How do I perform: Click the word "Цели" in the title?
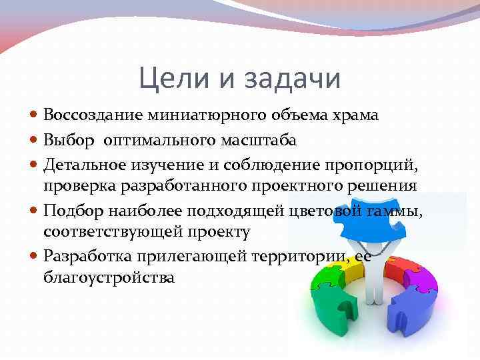pyautogui.click(x=170, y=79)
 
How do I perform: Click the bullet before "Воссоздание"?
pyautogui.click(x=34, y=116)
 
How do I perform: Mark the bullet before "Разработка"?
pyautogui.click(x=34, y=256)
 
